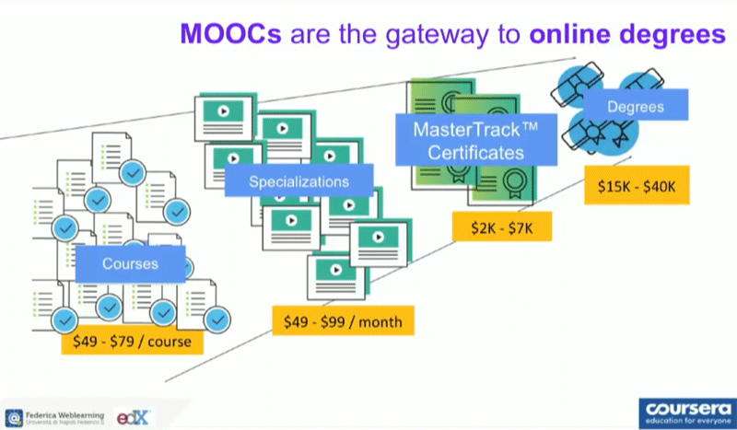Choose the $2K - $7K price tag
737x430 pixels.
click(501, 226)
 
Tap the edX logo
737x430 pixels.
click(135, 417)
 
